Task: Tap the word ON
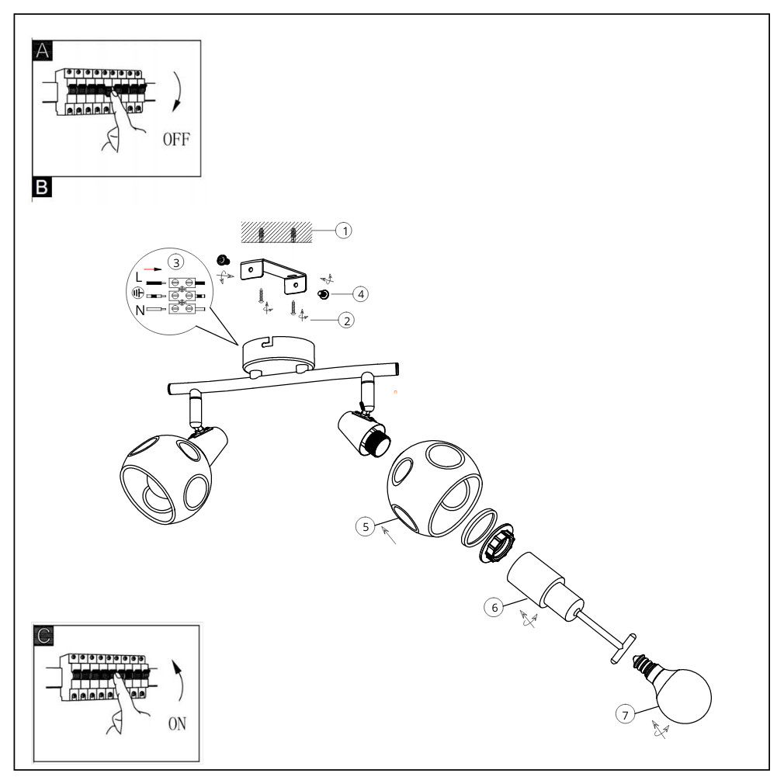pyautogui.click(x=177, y=724)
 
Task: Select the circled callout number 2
pyautogui.click(x=347, y=319)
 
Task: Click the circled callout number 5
pyautogui.click(x=366, y=526)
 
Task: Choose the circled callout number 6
pyautogui.click(x=492, y=607)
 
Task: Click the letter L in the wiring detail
pyautogui.click(x=140, y=276)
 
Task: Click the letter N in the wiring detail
pyautogui.click(x=140, y=310)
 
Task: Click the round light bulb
pyautogui.click(x=683, y=695)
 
